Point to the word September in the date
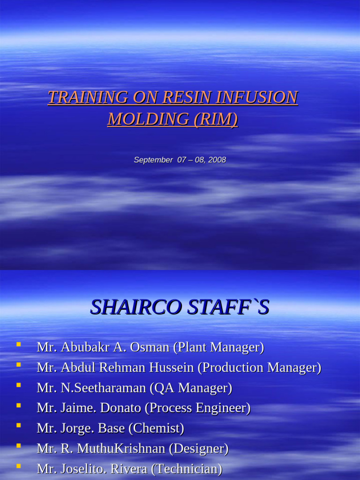[153, 160]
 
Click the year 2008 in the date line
[217, 160]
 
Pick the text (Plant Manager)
[218, 347]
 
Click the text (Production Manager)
[259, 367]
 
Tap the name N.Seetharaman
[103, 388]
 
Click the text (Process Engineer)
[197, 408]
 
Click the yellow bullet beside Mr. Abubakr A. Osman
[18, 345]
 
